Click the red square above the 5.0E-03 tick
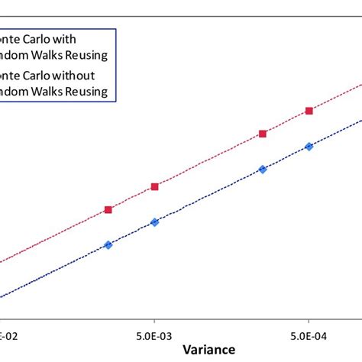[x=154, y=186]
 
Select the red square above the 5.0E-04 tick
[x=309, y=111]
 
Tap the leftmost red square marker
[x=108, y=209]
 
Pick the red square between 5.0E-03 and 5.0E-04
[x=263, y=134]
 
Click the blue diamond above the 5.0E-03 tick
[x=154, y=222]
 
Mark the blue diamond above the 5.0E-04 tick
[x=309, y=146]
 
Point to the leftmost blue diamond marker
[x=108, y=245]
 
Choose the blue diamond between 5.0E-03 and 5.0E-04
[x=263, y=169]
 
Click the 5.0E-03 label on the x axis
[x=154, y=334]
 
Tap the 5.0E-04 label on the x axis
[x=309, y=334]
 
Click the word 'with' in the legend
[x=75, y=38]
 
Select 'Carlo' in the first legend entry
[x=44, y=38]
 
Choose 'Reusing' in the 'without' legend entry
[x=92, y=92]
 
